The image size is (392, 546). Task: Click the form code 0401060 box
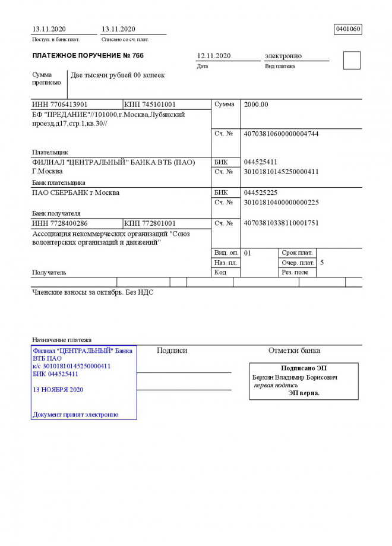coord(348,29)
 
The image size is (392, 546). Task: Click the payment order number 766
coord(137,56)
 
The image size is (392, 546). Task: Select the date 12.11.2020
coord(214,56)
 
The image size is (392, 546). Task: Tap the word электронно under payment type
coord(283,56)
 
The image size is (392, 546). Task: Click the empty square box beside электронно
coord(352,61)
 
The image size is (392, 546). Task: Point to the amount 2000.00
coord(256,105)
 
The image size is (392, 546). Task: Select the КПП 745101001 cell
coord(150,105)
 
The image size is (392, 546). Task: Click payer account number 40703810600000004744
coord(281,134)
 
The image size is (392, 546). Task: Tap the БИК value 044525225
coord(261,193)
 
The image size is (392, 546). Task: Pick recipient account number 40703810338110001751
coord(281,223)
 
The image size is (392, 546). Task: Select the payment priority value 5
coord(322,262)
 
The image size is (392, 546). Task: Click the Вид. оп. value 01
coord(248,253)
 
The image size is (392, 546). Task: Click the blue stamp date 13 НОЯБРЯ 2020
coord(58,390)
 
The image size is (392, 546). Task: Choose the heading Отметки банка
coord(294,351)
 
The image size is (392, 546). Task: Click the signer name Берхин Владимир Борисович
coord(295,377)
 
